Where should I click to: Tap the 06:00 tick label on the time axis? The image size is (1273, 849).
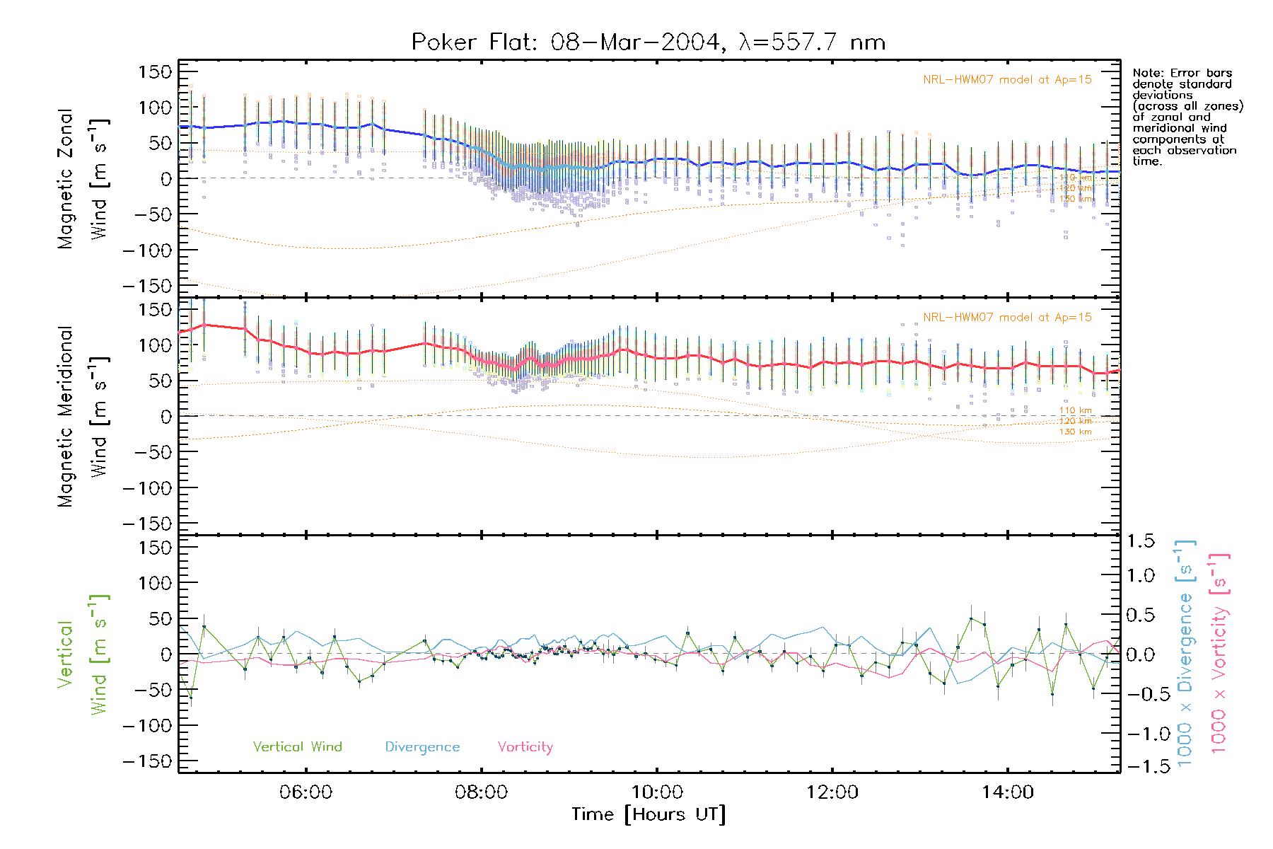point(306,792)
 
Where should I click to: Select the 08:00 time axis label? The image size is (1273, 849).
point(481,792)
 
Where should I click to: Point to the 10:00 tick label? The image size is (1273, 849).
point(657,792)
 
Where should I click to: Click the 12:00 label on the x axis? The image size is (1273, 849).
point(832,792)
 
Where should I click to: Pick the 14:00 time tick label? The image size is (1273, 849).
point(1008,792)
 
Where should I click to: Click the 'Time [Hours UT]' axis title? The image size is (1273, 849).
point(649,814)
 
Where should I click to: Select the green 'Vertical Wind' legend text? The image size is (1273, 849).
point(297,747)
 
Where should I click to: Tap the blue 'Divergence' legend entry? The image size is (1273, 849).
point(422,747)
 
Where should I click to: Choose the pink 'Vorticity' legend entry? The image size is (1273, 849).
point(525,747)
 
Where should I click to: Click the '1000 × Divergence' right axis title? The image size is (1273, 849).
point(1185,654)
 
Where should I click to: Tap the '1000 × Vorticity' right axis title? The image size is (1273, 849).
point(1219,654)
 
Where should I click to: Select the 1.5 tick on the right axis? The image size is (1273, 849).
point(1140,541)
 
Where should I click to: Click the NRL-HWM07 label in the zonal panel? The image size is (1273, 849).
point(1007,80)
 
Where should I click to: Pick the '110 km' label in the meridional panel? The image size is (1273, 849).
point(1075,410)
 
